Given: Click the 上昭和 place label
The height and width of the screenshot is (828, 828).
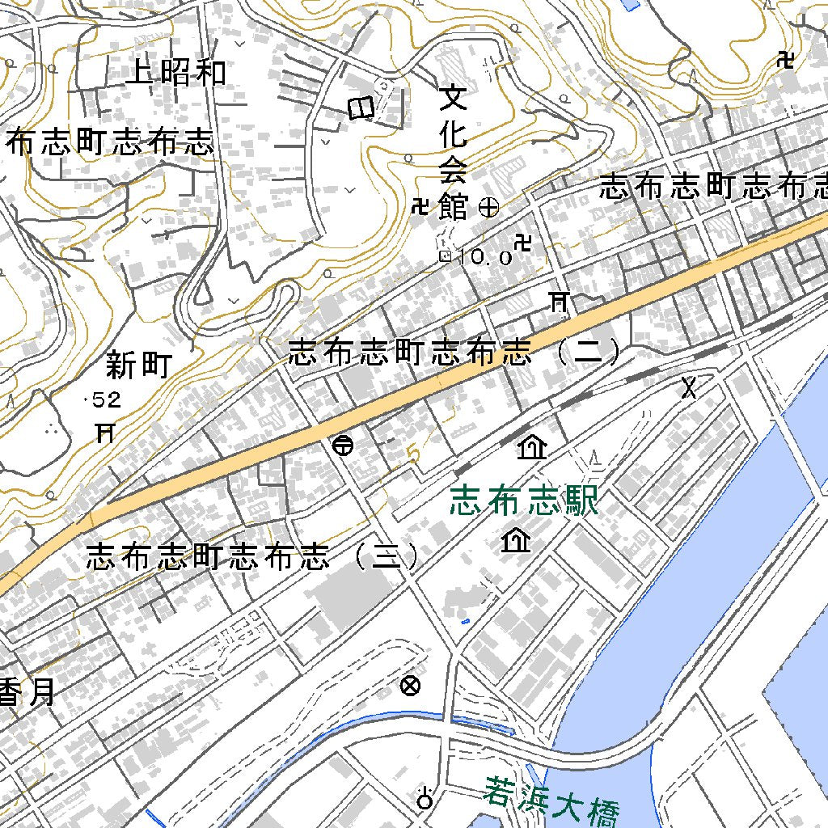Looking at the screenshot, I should point(176,74).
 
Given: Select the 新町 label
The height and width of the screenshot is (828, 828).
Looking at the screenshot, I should point(139,365).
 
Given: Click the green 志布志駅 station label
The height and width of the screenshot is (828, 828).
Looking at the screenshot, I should point(525,501).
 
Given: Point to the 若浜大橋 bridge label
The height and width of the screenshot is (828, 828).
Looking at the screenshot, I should point(552,801).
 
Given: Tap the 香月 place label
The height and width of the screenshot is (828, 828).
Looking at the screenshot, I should point(29,691).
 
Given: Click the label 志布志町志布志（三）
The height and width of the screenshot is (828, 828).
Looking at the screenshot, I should point(253,557).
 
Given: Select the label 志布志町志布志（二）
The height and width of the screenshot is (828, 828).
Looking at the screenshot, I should point(455,353).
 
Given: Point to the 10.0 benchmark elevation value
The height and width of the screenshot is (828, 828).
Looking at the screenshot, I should point(484,258).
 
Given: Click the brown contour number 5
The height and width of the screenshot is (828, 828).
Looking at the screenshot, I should point(414,454).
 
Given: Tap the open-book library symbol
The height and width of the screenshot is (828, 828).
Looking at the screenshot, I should point(361,108).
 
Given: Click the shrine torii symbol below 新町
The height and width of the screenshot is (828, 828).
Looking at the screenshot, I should point(103,433).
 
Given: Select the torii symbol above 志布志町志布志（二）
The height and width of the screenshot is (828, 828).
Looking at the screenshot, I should point(558,302).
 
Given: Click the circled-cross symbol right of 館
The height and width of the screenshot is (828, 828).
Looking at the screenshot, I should point(489,208).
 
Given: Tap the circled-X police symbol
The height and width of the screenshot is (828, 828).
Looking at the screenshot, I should point(411,686).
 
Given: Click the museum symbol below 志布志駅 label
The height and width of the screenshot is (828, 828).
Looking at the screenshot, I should point(515,539).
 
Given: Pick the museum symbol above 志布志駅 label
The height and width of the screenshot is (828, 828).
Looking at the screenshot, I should point(532,446).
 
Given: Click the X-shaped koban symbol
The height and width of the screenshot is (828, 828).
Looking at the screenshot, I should point(688,387).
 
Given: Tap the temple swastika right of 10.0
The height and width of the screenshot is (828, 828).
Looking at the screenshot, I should point(524,242).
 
